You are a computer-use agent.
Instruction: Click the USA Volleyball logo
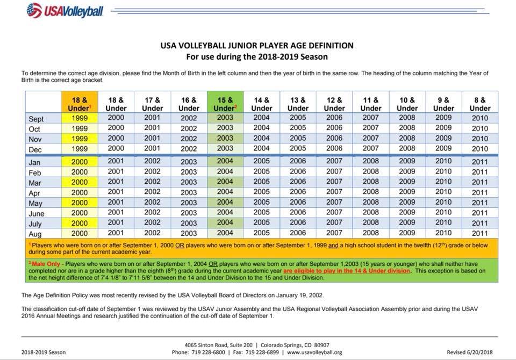65,11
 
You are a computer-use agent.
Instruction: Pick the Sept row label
36,119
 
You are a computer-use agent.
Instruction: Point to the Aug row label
35,234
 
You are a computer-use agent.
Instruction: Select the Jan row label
34,162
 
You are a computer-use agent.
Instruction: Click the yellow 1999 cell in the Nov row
80,139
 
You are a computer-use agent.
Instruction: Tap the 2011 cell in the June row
480,213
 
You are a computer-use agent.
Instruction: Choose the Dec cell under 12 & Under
334,148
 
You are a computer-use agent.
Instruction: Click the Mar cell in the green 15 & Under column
225,182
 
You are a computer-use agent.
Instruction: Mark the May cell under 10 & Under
407,202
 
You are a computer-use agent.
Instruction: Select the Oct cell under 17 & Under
152,128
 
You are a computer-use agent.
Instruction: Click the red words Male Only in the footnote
46,264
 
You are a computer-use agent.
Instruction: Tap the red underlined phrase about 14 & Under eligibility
347,271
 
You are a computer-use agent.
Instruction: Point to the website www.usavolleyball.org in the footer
314,352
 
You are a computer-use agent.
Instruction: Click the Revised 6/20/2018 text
470,352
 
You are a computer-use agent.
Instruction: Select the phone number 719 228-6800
209,352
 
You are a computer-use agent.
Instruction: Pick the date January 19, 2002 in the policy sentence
299,295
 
